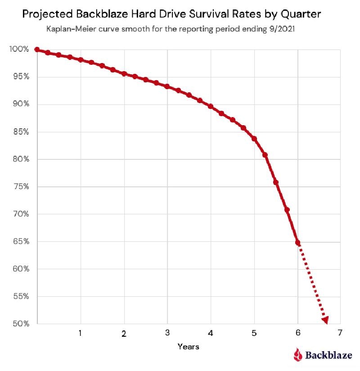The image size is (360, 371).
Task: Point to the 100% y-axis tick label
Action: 19,49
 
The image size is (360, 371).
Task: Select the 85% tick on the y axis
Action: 21,132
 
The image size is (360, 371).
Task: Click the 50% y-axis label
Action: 21,324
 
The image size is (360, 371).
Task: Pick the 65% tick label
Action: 21,242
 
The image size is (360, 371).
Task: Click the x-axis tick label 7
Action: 340,333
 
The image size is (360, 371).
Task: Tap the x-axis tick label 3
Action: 167,334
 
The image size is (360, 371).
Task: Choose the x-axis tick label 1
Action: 80,334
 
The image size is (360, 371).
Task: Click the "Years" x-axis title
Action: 188,347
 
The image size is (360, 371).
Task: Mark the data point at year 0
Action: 37,50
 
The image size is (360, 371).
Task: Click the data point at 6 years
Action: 297,243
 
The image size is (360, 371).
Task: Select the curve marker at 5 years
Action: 254,139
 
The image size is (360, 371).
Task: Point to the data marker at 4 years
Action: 211,107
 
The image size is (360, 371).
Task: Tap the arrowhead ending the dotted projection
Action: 324,320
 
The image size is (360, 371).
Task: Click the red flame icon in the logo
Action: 297,355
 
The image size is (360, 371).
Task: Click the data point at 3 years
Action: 167,86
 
